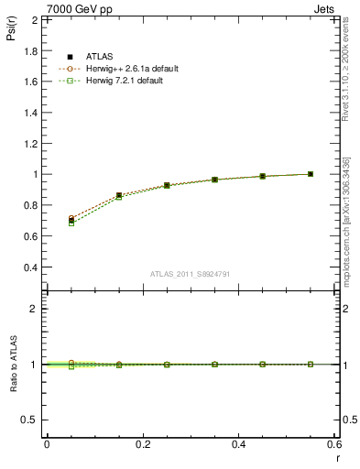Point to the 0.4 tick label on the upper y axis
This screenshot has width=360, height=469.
(x=31, y=267)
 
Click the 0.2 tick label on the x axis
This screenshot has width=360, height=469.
(x=143, y=444)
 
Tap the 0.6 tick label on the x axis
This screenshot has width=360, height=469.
(x=334, y=444)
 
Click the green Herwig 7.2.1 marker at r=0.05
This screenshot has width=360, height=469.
(x=71, y=224)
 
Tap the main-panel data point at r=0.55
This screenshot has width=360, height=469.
(x=311, y=174)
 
